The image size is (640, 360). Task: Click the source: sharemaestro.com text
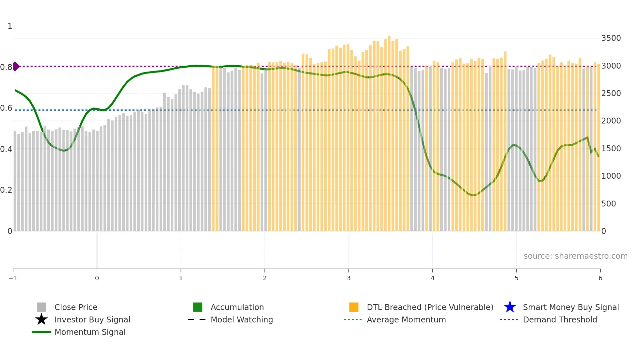pyautogui.click(x=575, y=256)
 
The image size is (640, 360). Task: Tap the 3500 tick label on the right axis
pyautogui.click(x=611, y=38)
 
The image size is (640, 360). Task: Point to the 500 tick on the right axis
pyautogui.click(x=609, y=204)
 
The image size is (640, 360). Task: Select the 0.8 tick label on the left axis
pyautogui.click(x=6, y=67)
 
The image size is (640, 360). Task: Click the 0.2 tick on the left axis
pyautogui.click(x=6, y=190)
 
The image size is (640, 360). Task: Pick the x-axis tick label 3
pyautogui.click(x=349, y=278)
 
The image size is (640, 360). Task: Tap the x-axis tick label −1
pyautogui.click(x=13, y=278)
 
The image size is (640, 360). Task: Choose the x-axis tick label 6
pyautogui.click(x=600, y=278)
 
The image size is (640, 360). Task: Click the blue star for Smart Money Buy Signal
pyautogui.click(x=510, y=307)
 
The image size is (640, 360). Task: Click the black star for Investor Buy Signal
pyautogui.click(x=41, y=319)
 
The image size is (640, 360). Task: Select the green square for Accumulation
pyautogui.click(x=198, y=307)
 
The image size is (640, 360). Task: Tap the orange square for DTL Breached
pyautogui.click(x=354, y=307)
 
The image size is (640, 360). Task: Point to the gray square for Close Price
pyautogui.click(x=41, y=307)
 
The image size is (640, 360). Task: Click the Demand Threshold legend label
pyautogui.click(x=560, y=319)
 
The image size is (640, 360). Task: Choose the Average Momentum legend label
pyautogui.click(x=406, y=319)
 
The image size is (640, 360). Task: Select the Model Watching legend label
pyautogui.click(x=242, y=319)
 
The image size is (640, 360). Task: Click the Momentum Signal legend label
pyautogui.click(x=90, y=332)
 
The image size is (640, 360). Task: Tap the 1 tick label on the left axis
pyautogui.click(x=10, y=26)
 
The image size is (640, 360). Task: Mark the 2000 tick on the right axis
pyautogui.click(x=611, y=121)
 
